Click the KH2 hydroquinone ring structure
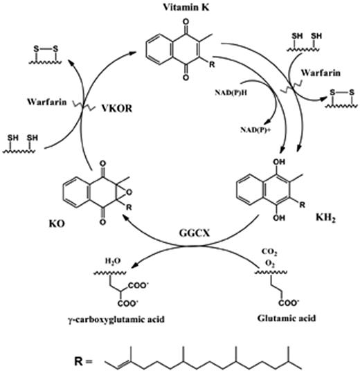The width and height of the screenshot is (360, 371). (x=267, y=191)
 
